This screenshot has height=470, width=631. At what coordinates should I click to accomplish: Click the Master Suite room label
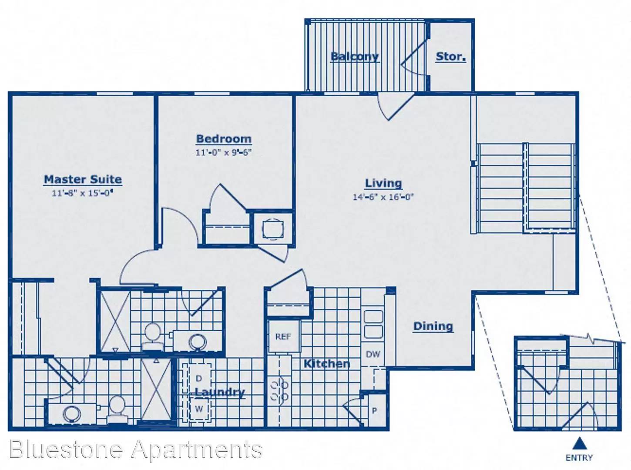pyautogui.click(x=83, y=180)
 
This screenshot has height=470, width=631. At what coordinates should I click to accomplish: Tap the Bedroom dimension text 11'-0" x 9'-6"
pyautogui.click(x=224, y=152)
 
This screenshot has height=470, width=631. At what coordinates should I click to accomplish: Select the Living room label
pyautogui.click(x=383, y=183)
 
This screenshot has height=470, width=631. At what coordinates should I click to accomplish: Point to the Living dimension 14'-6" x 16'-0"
pyautogui.click(x=383, y=197)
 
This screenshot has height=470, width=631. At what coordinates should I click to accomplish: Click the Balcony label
pyautogui.click(x=355, y=57)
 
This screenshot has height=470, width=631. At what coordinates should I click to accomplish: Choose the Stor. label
pyautogui.click(x=451, y=57)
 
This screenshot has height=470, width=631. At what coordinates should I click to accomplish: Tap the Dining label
pyautogui.click(x=433, y=326)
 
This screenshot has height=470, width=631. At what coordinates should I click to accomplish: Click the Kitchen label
pyautogui.click(x=327, y=363)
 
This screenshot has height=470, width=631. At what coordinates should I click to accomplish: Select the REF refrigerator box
pyautogui.click(x=283, y=336)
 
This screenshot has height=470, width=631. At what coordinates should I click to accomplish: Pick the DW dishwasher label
pyautogui.click(x=373, y=354)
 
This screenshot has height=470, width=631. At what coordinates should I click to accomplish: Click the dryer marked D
pyautogui.click(x=199, y=378)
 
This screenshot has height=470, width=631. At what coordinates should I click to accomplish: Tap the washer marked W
pyautogui.click(x=199, y=409)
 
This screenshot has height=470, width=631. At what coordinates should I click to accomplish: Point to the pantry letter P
pyautogui.click(x=375, y=410)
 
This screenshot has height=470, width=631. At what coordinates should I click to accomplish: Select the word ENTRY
pyautogui.click(x=579, y=458)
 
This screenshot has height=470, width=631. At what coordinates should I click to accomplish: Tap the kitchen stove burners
pyautogui.click(x=279, y=391)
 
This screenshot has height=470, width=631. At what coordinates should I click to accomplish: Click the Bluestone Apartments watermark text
pyautogui.click(x=135, y=450)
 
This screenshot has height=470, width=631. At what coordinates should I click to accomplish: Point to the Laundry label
pyautogui.click(x=220, y=393)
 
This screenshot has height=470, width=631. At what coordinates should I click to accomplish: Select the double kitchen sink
pyautogui.click(x=373, y=324)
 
